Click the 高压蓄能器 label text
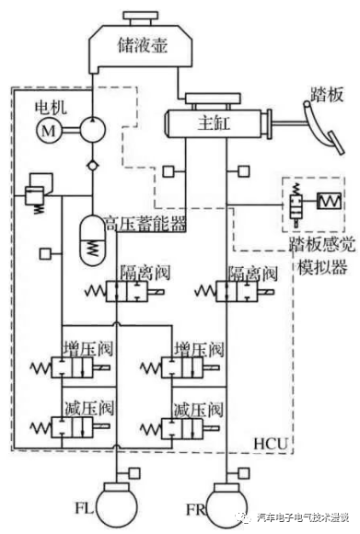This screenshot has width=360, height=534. pyautogui.click(x=145, y=224)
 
